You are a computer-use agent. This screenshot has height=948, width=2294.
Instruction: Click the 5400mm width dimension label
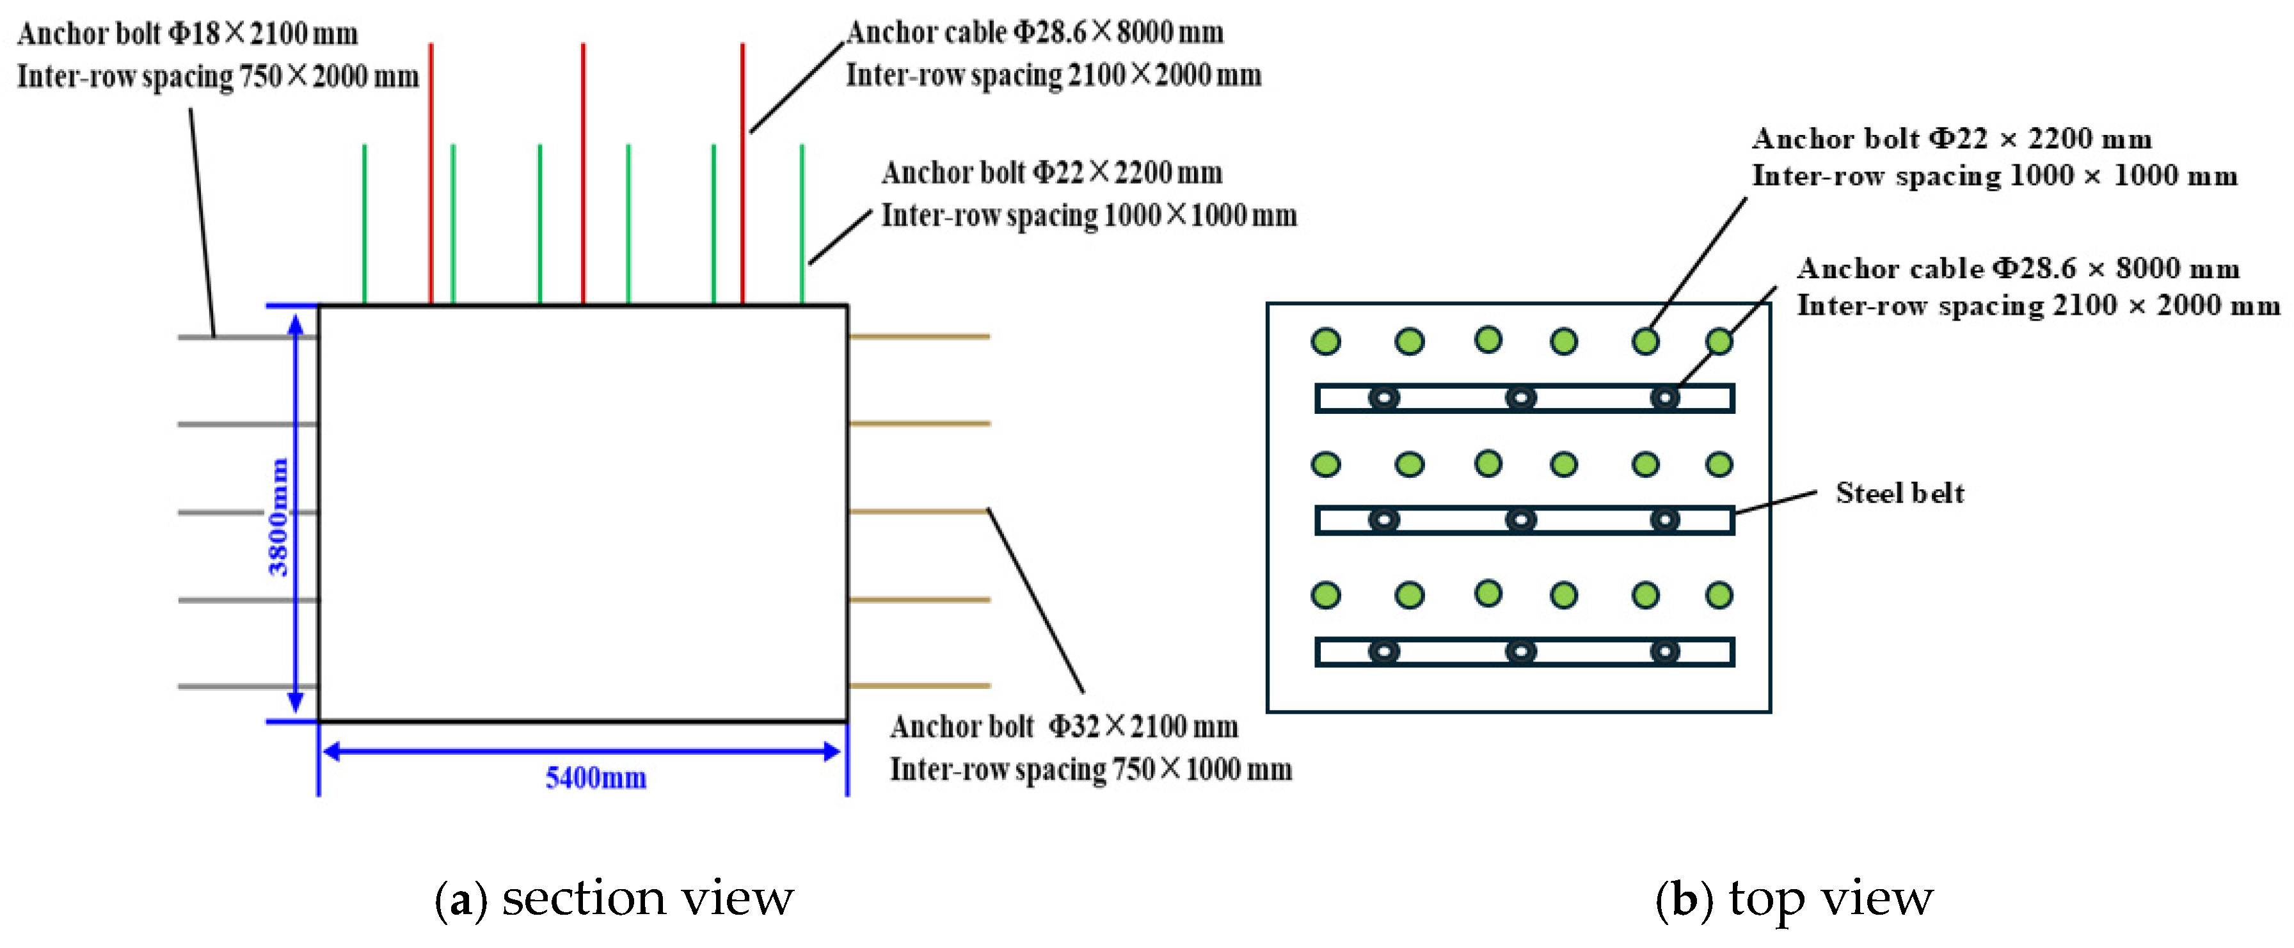tap(595, 778)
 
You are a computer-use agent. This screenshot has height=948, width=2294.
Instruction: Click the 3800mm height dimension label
tap(279, 516)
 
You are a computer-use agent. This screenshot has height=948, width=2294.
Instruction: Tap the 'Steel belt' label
tap(1899, 493)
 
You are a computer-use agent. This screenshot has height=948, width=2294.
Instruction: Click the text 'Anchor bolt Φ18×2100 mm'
tap(188, 34)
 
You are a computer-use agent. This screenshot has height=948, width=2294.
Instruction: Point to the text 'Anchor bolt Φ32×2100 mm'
tap(1063, 727)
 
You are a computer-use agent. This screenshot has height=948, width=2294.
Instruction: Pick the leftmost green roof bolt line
tap(364, 223)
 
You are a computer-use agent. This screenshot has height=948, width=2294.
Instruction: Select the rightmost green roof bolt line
tap(802, 223)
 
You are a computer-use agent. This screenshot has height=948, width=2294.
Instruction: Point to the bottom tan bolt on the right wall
tap(919, 685)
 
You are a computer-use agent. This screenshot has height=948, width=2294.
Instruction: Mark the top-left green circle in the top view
tap(1326, 341)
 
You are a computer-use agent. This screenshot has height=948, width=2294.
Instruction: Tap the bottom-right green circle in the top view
tap(1719, 595)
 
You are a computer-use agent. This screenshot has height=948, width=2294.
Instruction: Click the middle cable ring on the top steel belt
tap(1520, 398)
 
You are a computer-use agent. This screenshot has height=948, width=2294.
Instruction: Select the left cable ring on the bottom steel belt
tap(1383, 652)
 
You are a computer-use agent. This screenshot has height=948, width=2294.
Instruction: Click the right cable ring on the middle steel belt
tap(1664, 520)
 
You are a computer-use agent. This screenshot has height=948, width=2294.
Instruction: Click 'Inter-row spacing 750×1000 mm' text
tap(1090, 769)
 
